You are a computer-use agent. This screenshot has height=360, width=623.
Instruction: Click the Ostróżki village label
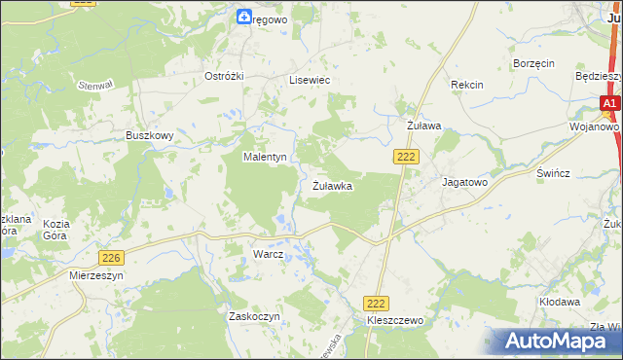221,76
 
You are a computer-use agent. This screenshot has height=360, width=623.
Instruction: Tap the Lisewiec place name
311,81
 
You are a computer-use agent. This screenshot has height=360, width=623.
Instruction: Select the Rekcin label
466,85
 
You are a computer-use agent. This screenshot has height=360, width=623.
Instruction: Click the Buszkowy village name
149,136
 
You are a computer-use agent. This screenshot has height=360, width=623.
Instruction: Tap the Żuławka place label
332,185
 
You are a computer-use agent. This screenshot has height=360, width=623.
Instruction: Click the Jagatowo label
464,182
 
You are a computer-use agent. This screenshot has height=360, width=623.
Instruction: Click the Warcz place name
268,254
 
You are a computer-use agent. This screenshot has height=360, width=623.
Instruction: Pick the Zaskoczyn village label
254,316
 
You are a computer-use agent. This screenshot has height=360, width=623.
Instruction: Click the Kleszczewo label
395,319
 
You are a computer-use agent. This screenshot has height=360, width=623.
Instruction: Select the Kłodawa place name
560,302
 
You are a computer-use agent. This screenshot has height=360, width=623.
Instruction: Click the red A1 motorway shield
609,103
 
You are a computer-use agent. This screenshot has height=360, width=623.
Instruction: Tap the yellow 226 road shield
112,256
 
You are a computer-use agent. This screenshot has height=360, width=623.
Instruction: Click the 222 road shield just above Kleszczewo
376,304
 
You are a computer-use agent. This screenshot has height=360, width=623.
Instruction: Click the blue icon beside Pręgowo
243,16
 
